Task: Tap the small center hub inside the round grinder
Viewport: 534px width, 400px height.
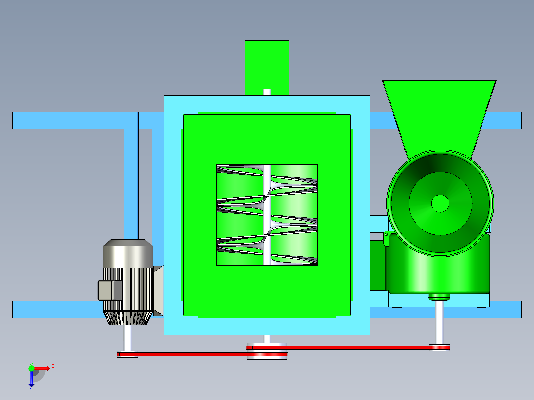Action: point(440,203)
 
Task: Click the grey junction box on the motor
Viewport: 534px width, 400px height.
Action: point(109,291)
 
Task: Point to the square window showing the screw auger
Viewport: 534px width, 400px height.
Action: point(267,215)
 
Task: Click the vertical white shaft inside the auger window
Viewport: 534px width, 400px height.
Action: point(267,215)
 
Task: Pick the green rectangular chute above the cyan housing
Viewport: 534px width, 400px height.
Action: point(267,68)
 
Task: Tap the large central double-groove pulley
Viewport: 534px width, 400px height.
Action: point(267,351)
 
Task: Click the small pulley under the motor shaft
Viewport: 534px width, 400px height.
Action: point(128,354)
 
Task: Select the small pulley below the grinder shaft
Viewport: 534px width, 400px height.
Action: point(440,348)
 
